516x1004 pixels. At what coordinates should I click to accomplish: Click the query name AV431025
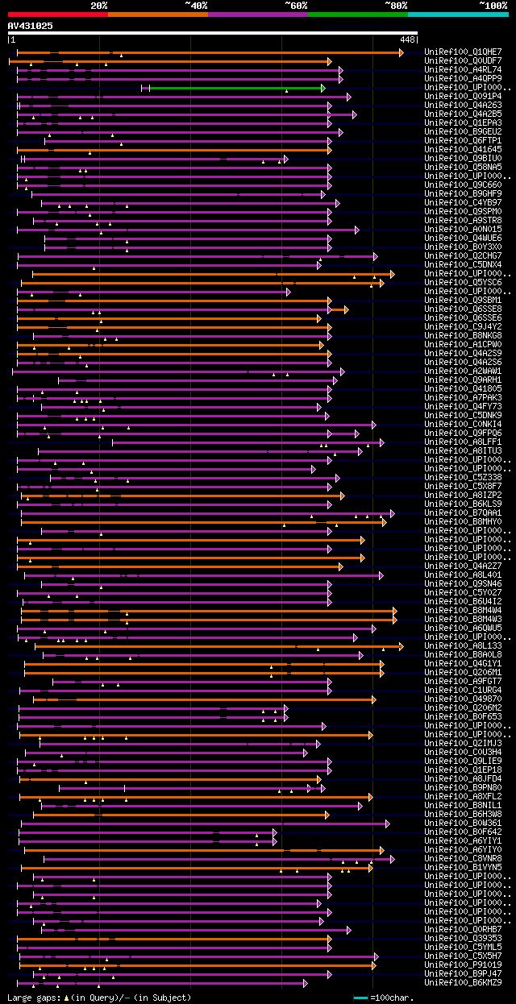31,26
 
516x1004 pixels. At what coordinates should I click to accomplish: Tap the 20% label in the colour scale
99,6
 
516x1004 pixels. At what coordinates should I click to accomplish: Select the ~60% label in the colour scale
295,6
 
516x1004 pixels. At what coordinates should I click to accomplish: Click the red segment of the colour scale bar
57,14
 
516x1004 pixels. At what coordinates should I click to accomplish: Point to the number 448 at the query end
406,39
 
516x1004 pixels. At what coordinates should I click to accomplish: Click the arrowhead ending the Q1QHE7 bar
401,52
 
